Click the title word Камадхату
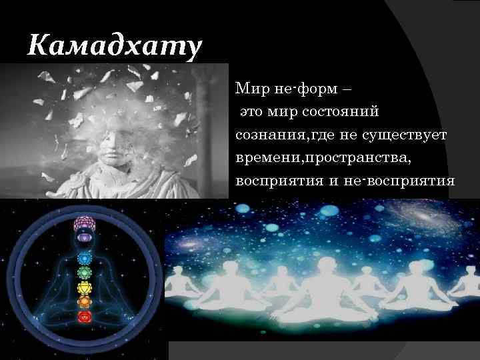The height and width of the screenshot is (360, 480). coord(115,47)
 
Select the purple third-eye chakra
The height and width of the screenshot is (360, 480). coord(84,237)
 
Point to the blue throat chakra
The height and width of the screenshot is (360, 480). coord(84,257)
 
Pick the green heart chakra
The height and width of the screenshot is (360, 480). coord(84,272)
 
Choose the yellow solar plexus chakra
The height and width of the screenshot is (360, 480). coord(84,287)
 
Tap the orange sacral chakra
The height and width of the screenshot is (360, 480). coord(84,301)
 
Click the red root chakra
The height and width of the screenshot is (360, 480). coord(84,317)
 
